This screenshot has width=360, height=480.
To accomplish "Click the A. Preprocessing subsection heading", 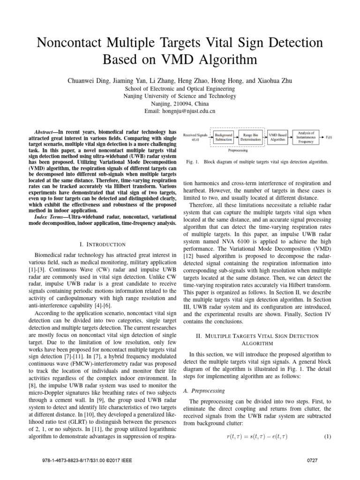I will point(203,390).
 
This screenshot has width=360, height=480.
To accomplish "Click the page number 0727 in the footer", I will point(312,471).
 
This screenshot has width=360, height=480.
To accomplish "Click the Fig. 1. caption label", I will point(193,161).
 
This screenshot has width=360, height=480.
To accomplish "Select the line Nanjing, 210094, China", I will point(180,104).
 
